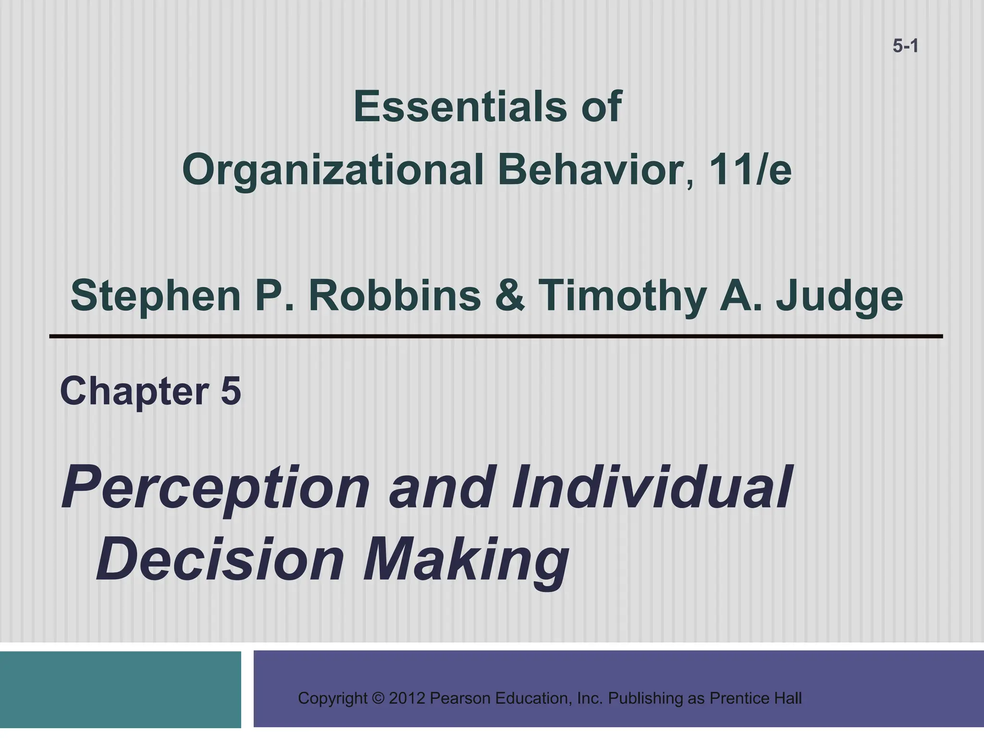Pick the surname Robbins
pos(394,295)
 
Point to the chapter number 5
pos(231,392)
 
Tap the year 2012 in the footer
pos(407,698)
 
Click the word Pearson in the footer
pos(459,698)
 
